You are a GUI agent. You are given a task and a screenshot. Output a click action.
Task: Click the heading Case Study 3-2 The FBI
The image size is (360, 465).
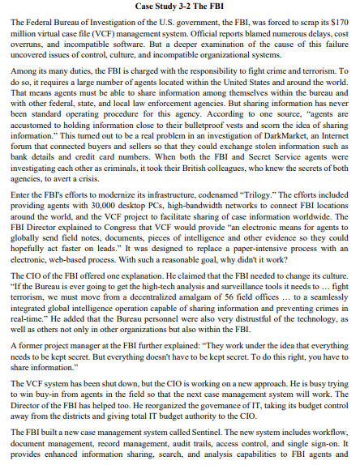pos(179,6)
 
